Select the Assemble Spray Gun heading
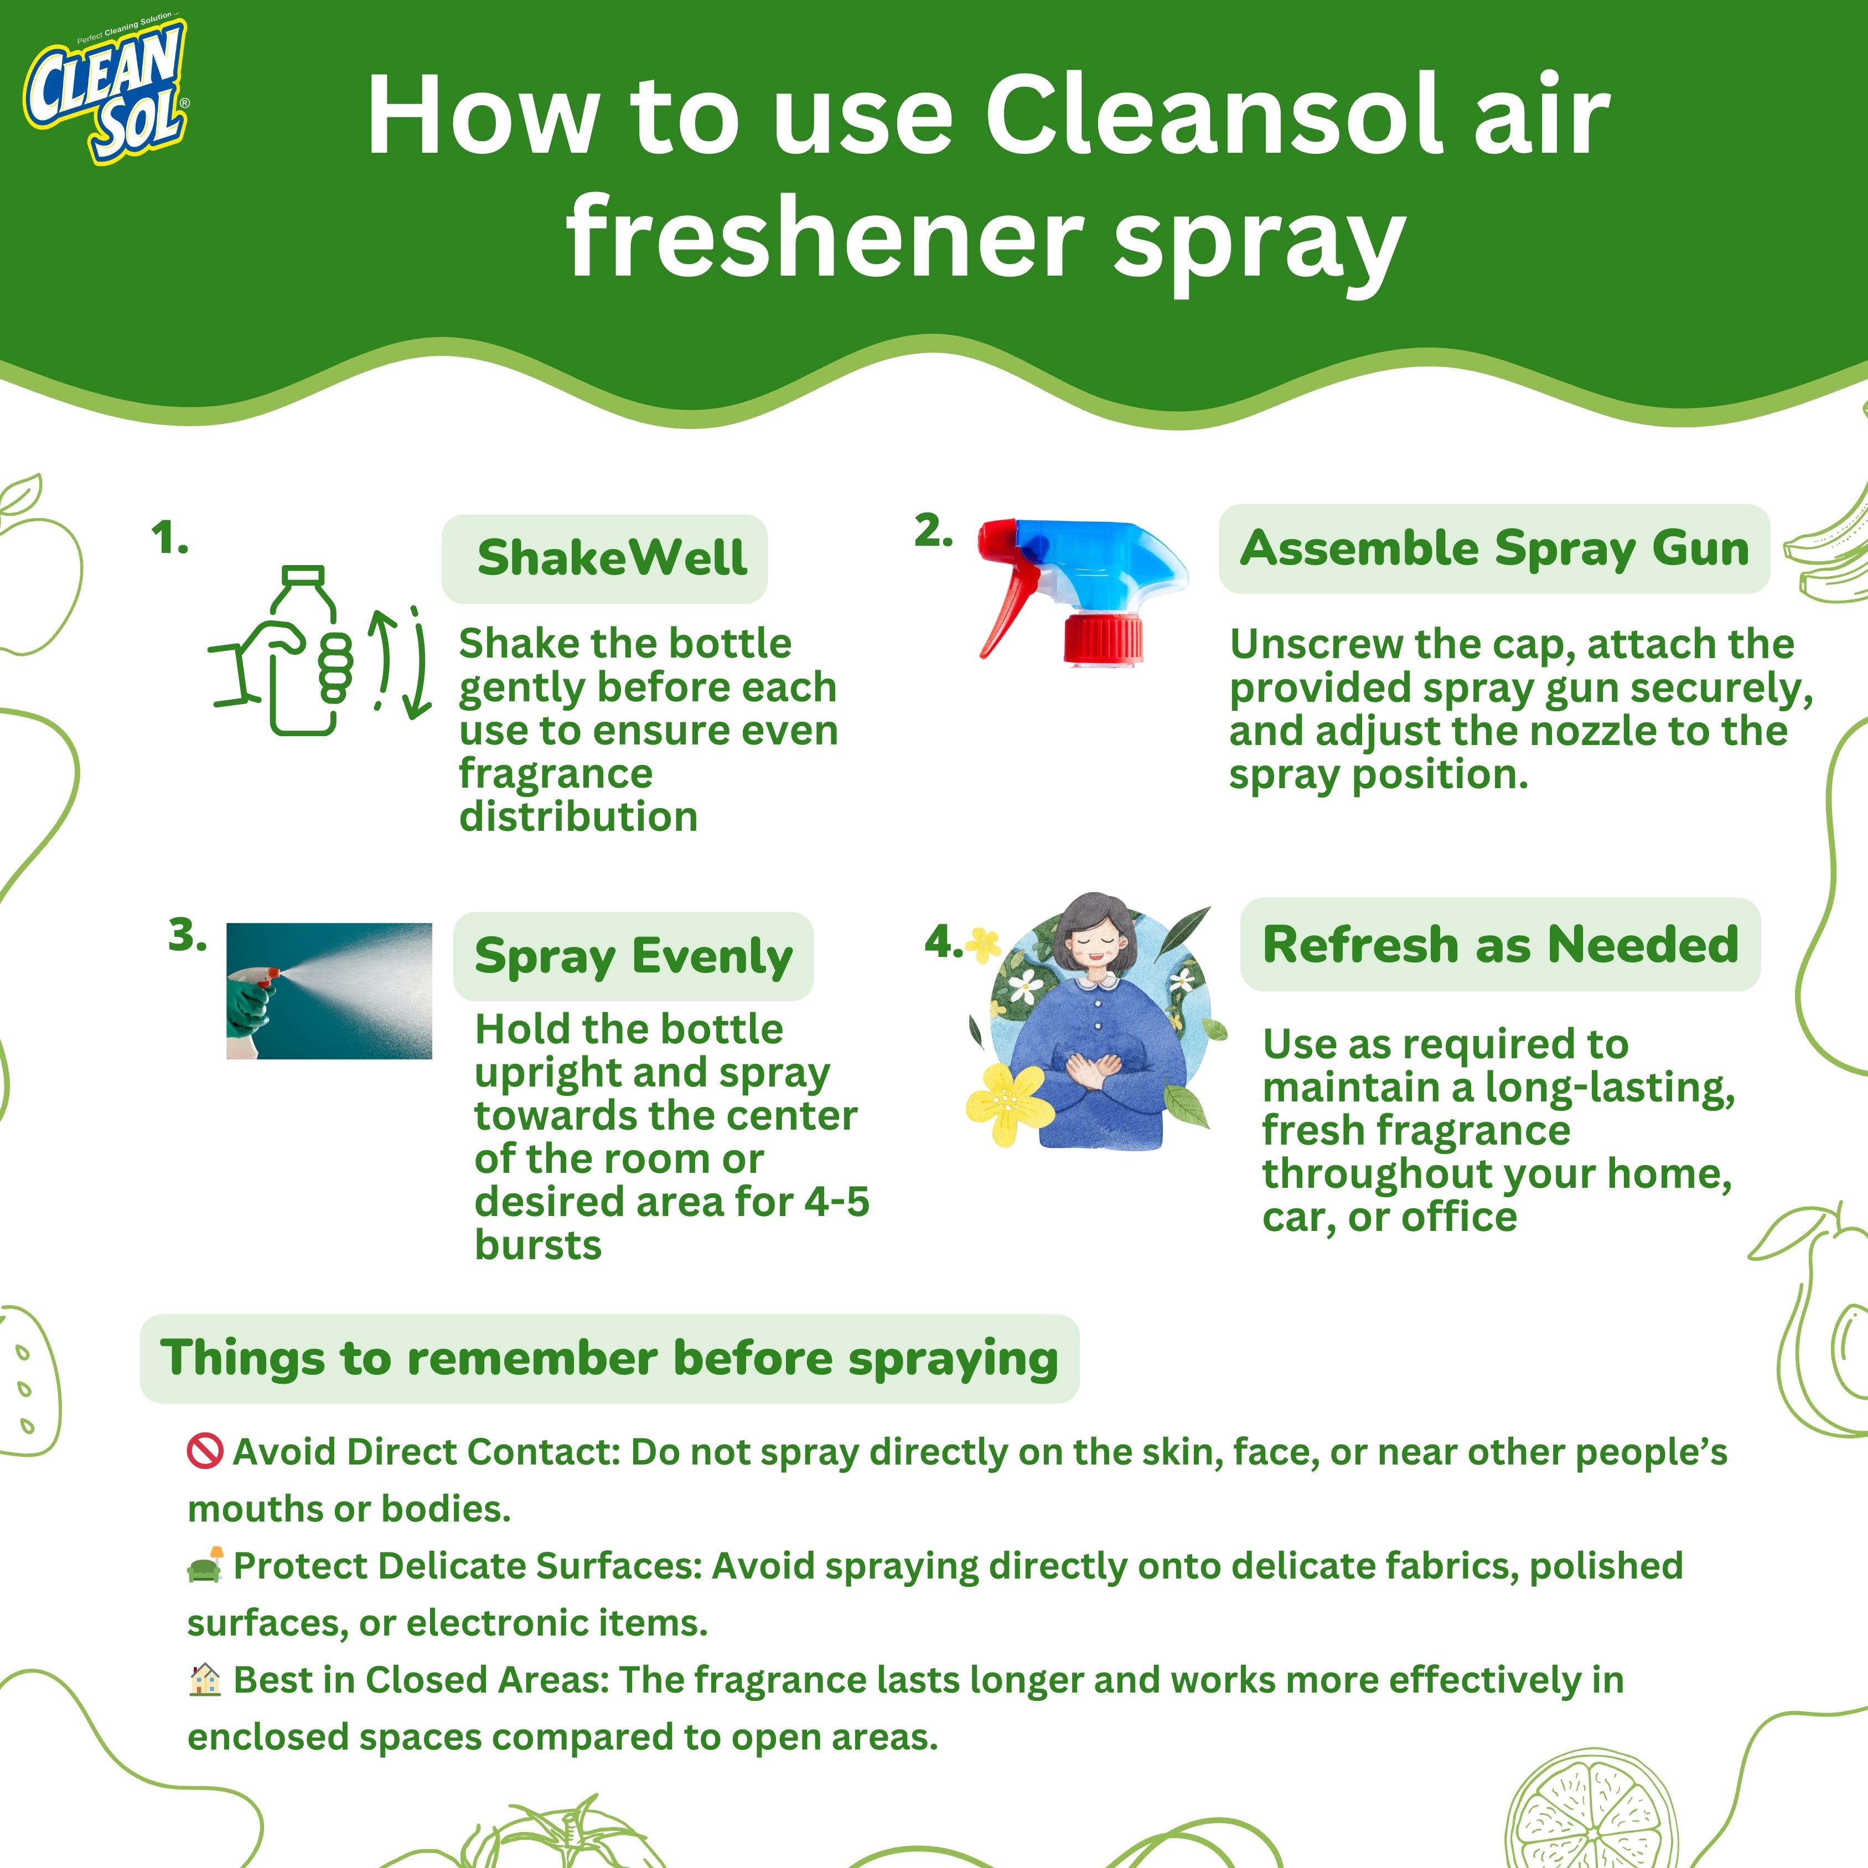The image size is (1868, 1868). (x=1495, y=548)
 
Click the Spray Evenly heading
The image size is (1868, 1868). (x=633, y=956)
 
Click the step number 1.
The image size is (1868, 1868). (x=169, y=539)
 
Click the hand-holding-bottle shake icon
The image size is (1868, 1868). (x=281, y=651)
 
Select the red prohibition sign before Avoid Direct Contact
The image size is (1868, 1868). (x=205, y=1451)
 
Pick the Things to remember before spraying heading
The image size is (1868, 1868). (x=609, y=1358)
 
